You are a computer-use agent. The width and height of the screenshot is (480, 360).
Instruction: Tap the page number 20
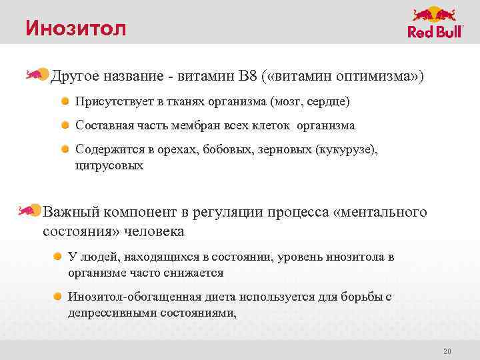[x=447, y=351]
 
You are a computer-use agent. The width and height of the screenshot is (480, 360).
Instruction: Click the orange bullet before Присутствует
[x=65, y=102]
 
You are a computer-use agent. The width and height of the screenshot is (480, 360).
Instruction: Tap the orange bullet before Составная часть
[x=65, y=125]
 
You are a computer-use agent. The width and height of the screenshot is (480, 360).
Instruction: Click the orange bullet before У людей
[x=59, y=257]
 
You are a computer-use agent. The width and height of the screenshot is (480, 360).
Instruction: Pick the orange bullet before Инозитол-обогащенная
[x=59, y=297]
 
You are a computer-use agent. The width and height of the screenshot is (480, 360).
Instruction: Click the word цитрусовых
[x=109, y=165]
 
